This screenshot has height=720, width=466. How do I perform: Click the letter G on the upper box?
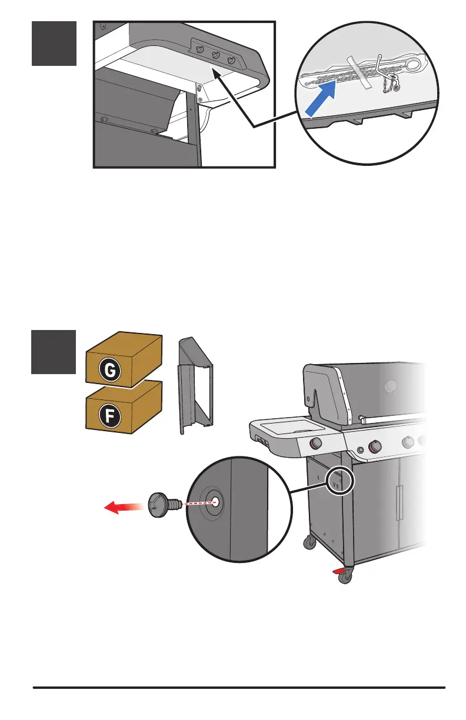[x=111, y=371]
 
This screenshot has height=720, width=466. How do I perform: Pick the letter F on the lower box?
[x=111, y=417]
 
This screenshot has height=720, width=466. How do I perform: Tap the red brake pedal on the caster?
[x=339, y=571]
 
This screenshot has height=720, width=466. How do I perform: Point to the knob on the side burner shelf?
[x=315, y=443]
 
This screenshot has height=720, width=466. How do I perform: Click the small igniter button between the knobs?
[x=361, y=450]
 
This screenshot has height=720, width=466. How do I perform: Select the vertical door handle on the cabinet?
[x=400, y=502]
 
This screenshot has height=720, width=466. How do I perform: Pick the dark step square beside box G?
[x=54, y=352]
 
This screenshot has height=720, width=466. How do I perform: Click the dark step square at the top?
[x=54, y=44]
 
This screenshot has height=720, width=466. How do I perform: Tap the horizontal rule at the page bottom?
[x=239, y=687]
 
